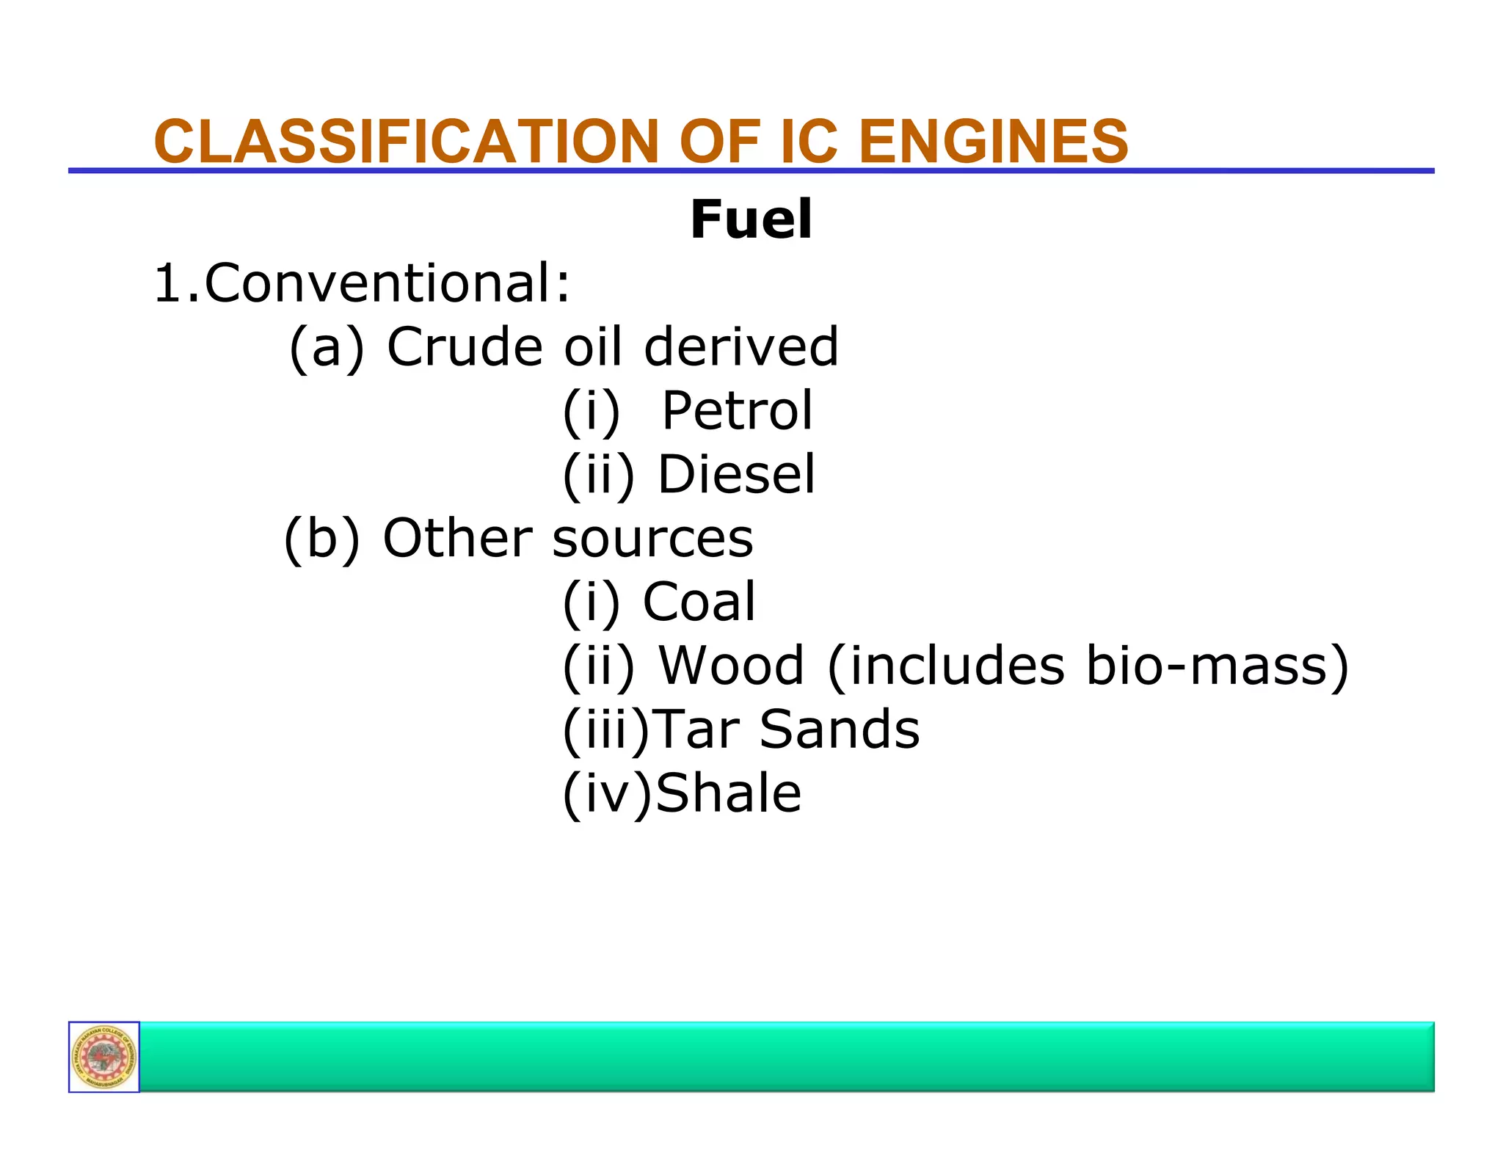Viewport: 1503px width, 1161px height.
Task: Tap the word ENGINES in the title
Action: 993,141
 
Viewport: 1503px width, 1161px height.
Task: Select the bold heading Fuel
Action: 751,219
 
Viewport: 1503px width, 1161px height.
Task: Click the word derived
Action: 740,346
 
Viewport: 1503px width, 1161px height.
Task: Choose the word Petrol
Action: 737,410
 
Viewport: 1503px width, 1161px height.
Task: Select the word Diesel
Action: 736,474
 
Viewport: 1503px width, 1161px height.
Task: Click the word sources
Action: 652,539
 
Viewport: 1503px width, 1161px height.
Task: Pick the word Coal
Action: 699,602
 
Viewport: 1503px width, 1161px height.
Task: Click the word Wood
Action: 731,666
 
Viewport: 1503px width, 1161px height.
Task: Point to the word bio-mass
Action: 1207,666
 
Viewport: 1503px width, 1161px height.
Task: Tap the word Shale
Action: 728,793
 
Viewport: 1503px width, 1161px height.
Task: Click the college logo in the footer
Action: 104,1057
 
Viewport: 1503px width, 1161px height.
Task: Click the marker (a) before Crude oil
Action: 327,346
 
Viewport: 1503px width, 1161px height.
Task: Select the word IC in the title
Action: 808,141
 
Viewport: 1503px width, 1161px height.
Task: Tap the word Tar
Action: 696,729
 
